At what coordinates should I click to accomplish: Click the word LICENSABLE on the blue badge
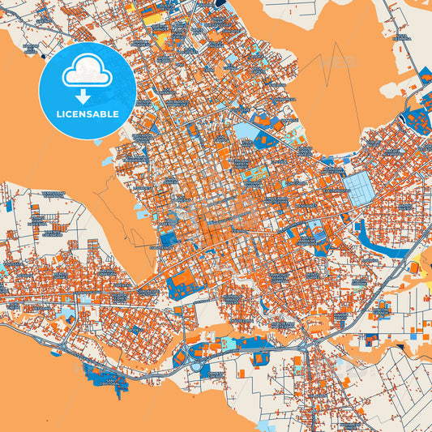[x=88, y=113]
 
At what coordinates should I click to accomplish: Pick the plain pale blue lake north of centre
[x=245, y=130]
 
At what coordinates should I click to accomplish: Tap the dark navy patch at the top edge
[x=220, y=3]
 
